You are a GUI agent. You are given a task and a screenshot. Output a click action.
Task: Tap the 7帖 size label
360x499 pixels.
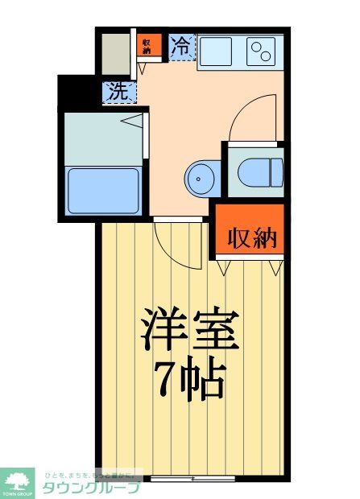click(190, 379)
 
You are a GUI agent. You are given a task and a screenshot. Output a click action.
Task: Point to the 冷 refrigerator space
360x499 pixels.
click(183, 46)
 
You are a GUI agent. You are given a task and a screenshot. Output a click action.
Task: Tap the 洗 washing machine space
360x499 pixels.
click(118, 92)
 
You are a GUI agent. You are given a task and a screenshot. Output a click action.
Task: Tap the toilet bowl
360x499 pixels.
click(260, 171)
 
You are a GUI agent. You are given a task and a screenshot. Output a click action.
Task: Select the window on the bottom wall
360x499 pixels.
click(193, 477)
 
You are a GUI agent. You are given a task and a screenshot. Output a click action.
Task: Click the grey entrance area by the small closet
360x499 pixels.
click(114, 53)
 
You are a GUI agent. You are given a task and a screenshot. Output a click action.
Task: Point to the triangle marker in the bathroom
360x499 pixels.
click(133, 122)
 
